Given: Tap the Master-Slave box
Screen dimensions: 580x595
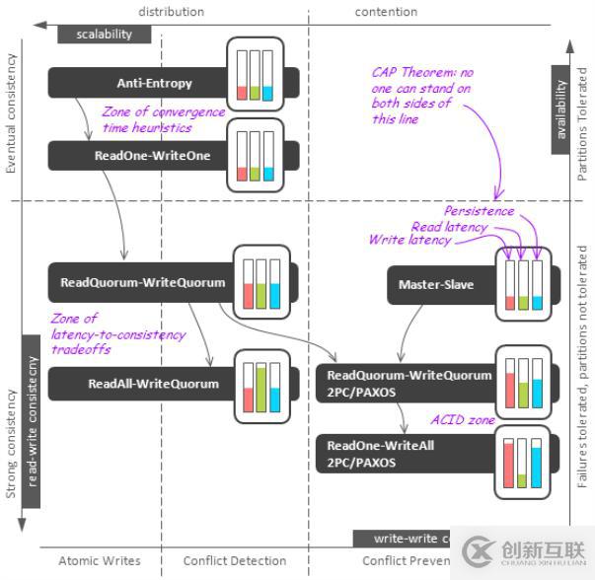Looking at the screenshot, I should [x=436, y=285].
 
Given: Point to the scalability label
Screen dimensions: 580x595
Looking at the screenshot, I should [x=104, y=34].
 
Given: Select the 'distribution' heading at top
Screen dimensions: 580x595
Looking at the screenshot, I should [x=171, y=12].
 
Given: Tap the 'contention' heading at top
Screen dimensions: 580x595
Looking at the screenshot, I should [x=386, y=12].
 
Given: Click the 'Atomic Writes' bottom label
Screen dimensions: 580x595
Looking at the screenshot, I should [x=100, y=561].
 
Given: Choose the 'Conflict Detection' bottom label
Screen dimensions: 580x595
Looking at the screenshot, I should [x=235, y=561].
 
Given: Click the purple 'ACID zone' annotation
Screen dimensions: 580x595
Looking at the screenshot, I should [x=463, y=420].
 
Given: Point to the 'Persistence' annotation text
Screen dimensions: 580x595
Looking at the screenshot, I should [x=479, y=210].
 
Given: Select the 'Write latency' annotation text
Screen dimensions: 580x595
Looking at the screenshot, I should [x=409, y=240].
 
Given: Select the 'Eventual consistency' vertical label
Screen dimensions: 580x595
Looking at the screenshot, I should [x=12, y=113].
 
